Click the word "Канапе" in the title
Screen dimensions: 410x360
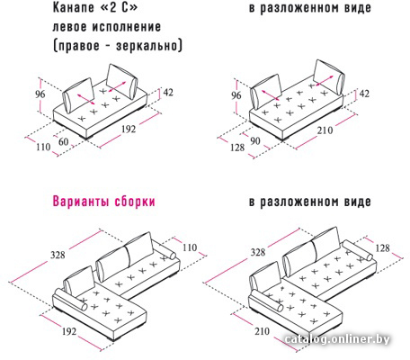point(74,8)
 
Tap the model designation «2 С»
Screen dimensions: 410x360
point(119,8)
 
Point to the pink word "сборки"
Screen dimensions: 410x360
point(135,202)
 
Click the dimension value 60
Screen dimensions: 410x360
point(63,141)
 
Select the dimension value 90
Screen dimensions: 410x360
point(254,141)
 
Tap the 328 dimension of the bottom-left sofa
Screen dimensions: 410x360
point(58,255)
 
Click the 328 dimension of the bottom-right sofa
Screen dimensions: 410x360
point(258,252)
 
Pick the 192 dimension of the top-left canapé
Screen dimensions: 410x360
point(129,130)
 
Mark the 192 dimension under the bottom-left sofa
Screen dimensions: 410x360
point(68,331)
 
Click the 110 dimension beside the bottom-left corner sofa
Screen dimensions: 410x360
point(190,247)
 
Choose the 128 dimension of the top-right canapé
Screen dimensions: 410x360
point(237,148)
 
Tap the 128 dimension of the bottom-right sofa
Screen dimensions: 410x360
point(382,248)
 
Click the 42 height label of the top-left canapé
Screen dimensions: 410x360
point(168,93)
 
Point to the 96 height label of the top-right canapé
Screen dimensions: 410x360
point(236,95)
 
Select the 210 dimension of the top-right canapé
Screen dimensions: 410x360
point(325,130)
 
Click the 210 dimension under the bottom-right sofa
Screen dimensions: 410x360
point(262,331)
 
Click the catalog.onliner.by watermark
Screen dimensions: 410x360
point(337,339)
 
